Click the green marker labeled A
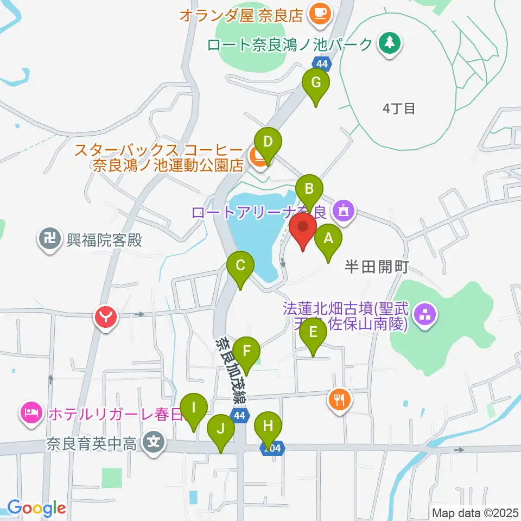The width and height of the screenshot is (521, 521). click(x=328, y=239)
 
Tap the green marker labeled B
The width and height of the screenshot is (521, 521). click(x=309, y=189)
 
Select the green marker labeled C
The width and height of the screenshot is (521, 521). click(x=240, y=266)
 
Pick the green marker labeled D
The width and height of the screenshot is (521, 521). click(x=268, y=143)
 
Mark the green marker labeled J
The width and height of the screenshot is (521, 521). click(x=221, y=429)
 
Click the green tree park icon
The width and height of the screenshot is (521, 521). click(x=389, y=42)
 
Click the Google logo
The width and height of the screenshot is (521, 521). click(x=36, y=508)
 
